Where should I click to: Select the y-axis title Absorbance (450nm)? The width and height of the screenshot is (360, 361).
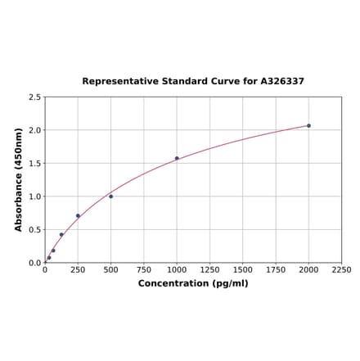pos(19,179)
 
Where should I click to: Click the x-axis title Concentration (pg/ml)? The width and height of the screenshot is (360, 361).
pos(193,283)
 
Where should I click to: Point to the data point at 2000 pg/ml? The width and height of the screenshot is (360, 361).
pos(308,125)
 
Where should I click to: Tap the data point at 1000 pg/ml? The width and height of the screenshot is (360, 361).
pos(177,158)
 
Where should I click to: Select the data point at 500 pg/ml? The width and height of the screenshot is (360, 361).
pos(111,196)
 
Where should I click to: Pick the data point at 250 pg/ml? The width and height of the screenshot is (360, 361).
pos(78,216)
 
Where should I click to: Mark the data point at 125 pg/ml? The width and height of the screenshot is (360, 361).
pos(61,235)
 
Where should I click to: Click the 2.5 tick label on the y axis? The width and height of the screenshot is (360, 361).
pos(34,97)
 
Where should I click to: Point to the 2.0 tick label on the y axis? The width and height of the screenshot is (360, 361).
pos(34,130)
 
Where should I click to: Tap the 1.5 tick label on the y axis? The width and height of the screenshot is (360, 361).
pos(34,164)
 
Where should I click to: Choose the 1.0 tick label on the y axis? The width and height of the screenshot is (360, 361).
pos(34,196)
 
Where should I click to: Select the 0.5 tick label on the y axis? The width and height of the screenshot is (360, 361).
pos(34,230)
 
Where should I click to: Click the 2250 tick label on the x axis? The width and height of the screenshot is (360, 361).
pos(341,270)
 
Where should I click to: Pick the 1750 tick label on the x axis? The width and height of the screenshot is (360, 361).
pos(276,270)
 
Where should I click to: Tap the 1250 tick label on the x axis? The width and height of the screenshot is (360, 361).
pos(209,270)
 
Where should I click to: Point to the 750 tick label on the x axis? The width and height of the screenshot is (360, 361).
pos(144,270)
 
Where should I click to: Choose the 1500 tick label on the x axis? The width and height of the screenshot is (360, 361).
pos(243,270)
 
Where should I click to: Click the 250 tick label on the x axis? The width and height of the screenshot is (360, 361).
pos(78,270)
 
